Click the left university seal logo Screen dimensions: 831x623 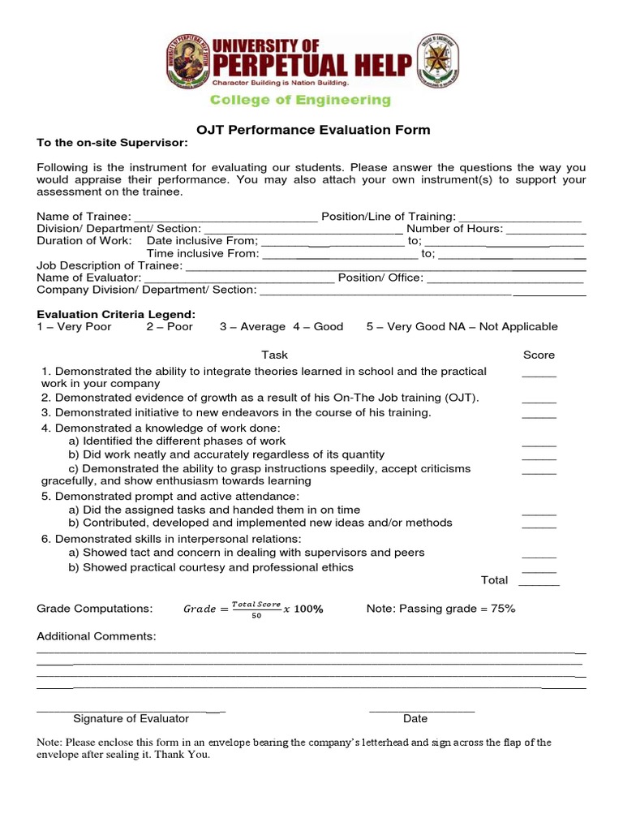(x=187, y=63)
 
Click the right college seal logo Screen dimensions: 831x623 (x=439, y=63)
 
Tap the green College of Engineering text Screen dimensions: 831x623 (x=300, y=101)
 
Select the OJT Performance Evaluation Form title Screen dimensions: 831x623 (x=313, y=130)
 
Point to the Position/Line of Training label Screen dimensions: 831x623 (x=389, y=217)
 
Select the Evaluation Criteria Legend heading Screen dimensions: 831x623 (x=116, y=314)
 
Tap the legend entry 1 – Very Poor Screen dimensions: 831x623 (x=75, y=326)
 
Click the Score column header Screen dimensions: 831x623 (x=539, y=355)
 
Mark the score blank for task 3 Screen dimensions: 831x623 (x=539, y=414)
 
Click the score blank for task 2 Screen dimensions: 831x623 (x=539, y=399)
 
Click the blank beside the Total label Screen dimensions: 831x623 (x=539, y=581)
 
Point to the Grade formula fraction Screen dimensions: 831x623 (x=256, y=609)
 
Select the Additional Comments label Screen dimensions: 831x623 (x=97, y=637)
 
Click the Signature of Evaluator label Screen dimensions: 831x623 (x=131, y=718)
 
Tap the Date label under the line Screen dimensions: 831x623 (x=415, y=718)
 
